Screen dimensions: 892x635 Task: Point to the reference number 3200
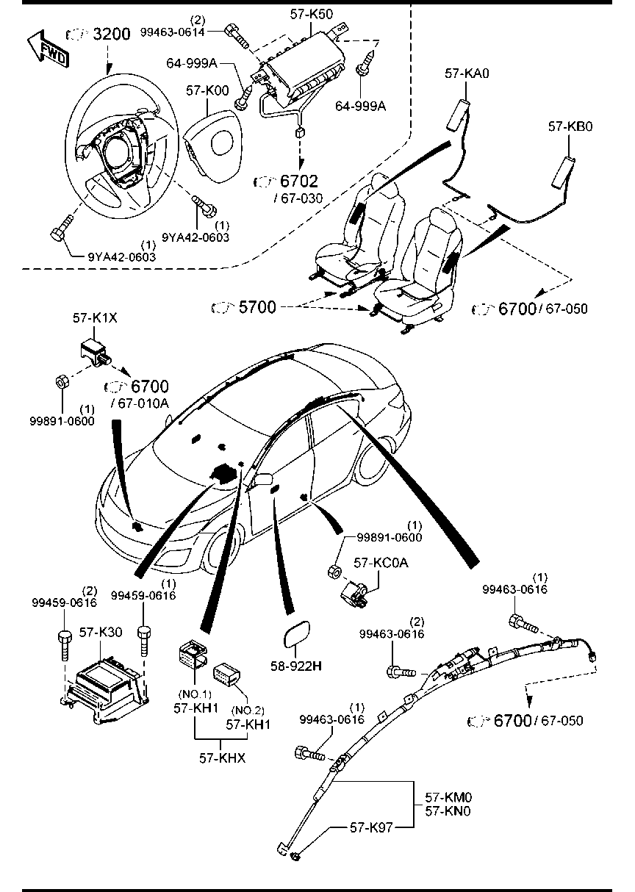coord(110,34)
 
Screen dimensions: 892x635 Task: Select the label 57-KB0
coord(570,126)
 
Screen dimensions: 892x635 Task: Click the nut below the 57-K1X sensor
coord(63,382)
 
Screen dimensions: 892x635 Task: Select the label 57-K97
coord(371,827)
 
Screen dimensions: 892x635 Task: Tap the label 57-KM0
coord(448,796)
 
